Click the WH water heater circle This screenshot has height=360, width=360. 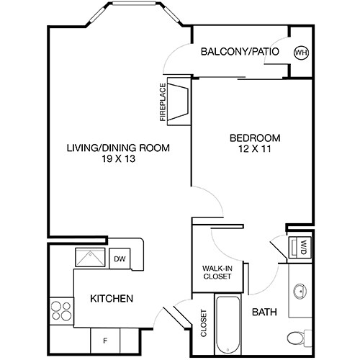(300, 52)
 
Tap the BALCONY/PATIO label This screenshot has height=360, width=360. (240, 52)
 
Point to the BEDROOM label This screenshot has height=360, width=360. (255, 138)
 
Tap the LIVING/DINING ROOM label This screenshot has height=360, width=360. (118, 149)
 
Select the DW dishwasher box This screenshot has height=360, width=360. (119, 258)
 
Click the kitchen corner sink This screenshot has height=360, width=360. (92, 258)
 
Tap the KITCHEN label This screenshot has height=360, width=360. (110, 298)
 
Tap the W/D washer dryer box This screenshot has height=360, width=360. (302, 247)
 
